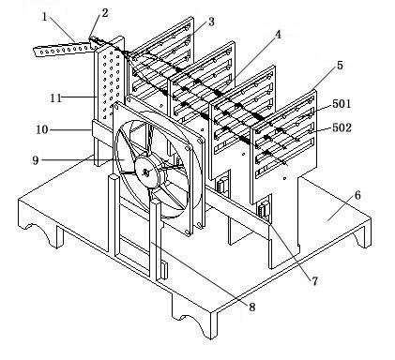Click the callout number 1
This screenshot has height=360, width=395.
[x=45, y=17]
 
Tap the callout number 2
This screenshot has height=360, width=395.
[x=105, y=13]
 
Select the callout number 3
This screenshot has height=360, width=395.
[x=211, y=22]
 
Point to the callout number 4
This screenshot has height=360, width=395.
[x=278, y=35]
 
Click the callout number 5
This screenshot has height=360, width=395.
[x=340, y=66]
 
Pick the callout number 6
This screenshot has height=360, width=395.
[x=357, y=195]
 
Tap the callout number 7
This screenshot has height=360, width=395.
[x=314, y=281]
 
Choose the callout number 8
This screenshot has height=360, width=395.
[x=252, y=307]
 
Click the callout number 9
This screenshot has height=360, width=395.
[x=36, y=160]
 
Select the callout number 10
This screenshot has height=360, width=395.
[x=42, y=129]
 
